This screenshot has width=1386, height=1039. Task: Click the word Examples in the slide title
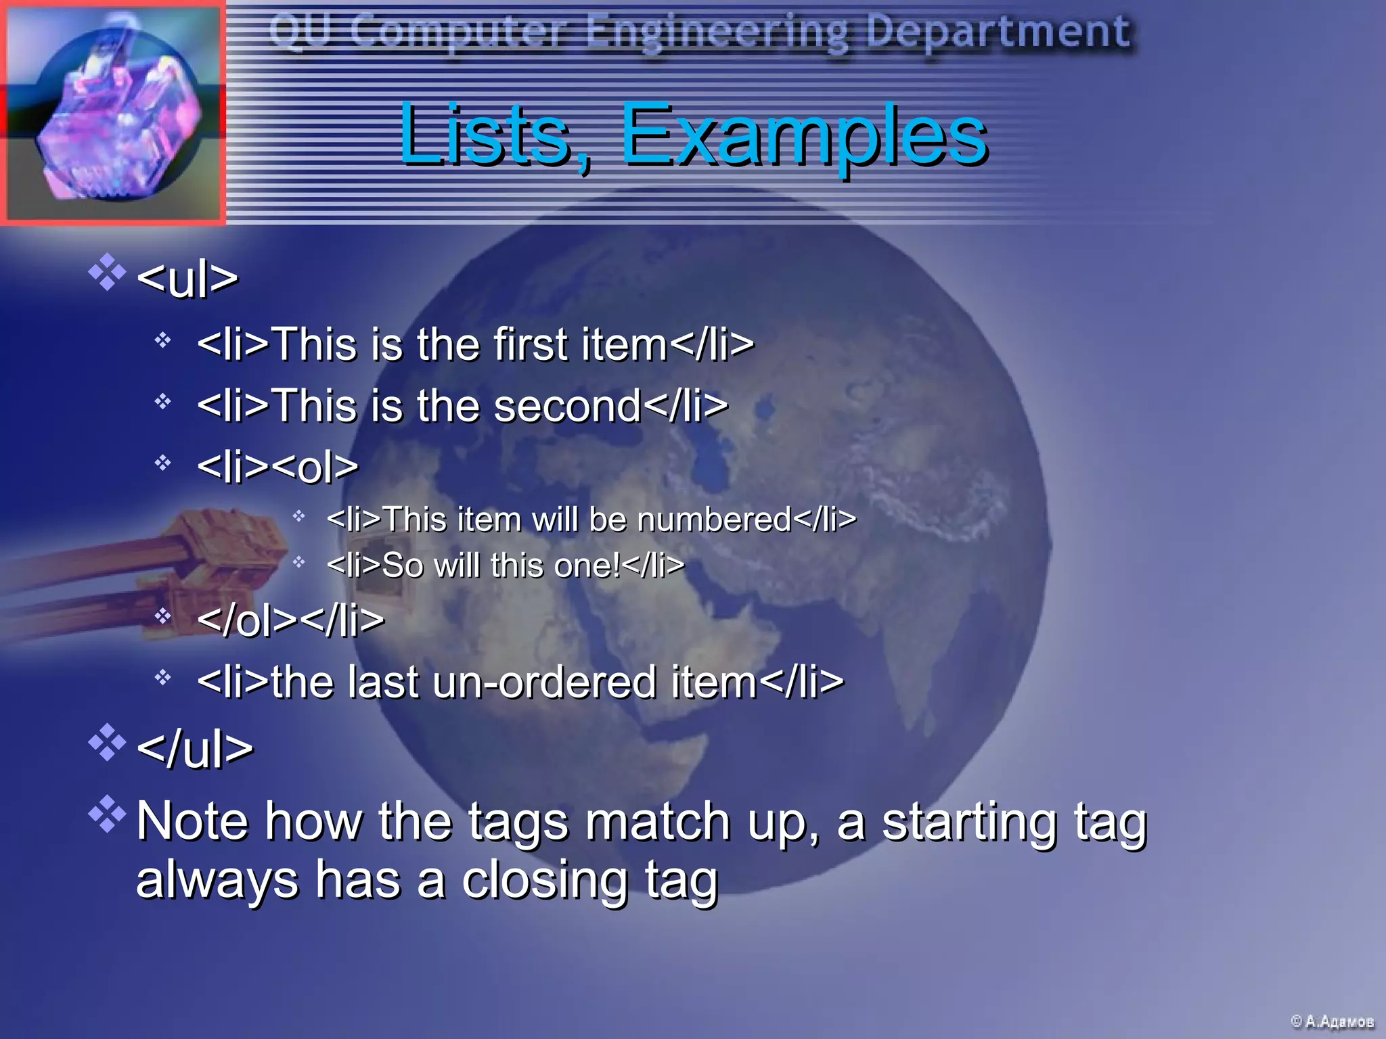click(803, 135)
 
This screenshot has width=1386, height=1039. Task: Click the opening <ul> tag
click(187, 278)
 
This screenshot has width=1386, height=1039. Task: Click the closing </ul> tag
click(195, 749)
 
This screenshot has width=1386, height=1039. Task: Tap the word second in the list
click(567, 406)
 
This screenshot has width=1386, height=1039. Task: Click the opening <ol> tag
click(317, 466)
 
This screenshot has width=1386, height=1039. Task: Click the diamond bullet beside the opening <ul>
click(107, 272)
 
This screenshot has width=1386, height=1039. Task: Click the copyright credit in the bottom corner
click(1332, 1021)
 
